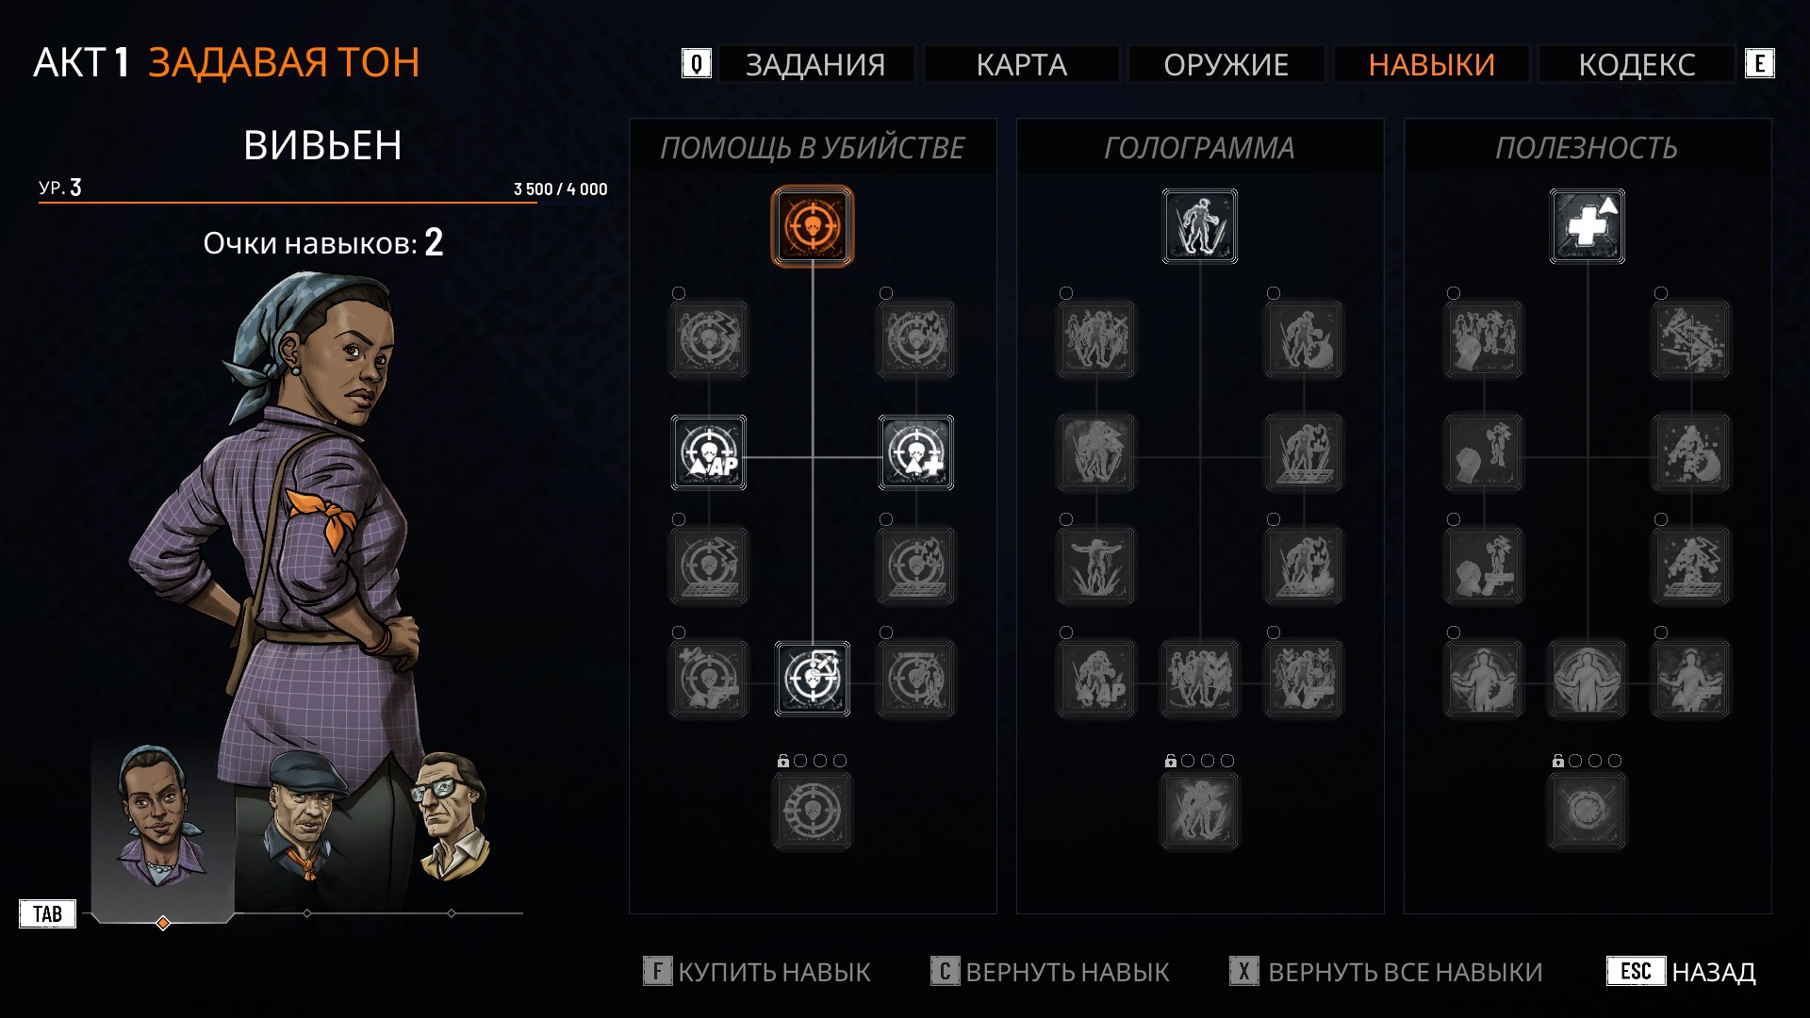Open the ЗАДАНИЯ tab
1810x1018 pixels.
pyautogui.click(x=815, y=64)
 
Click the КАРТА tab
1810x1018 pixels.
pyautogui.click(x=1021, y=64)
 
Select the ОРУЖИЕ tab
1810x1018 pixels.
pyautogui.click(x=1226, y=64)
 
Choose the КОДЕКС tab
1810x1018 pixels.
pyautogui.click(x=1637, y=64)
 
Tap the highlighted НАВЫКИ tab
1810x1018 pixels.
pyautogui.click(x=1431, y=64)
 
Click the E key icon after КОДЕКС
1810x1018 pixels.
pyautogui.click(x=1759, y=63)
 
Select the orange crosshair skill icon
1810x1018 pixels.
pyautogui.click(x=813, y=226)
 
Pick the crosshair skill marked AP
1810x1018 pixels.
pyautogui.click(x=709, y=452)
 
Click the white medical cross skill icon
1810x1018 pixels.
pyautogui.click(x=1588, y=226)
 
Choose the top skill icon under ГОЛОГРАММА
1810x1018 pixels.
pyautogui.click(x=1200, y=226)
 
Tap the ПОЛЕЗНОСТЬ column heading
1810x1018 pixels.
pyautogui.click(x=1587, y=148)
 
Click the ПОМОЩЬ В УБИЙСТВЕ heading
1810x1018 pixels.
pyautogui.click(x=812, y=148)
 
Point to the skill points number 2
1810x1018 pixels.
pyautogui.click(x=434, y=242)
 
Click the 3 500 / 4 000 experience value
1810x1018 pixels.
pyautogui.click(x=560, y=189)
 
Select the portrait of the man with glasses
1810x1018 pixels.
pyautogui.click(x=451, y=816)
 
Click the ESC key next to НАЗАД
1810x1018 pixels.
pyautogui.click(x=1636, y=971)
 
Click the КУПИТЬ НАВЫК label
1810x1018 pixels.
pyautogui.click(x=774, y=972)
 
